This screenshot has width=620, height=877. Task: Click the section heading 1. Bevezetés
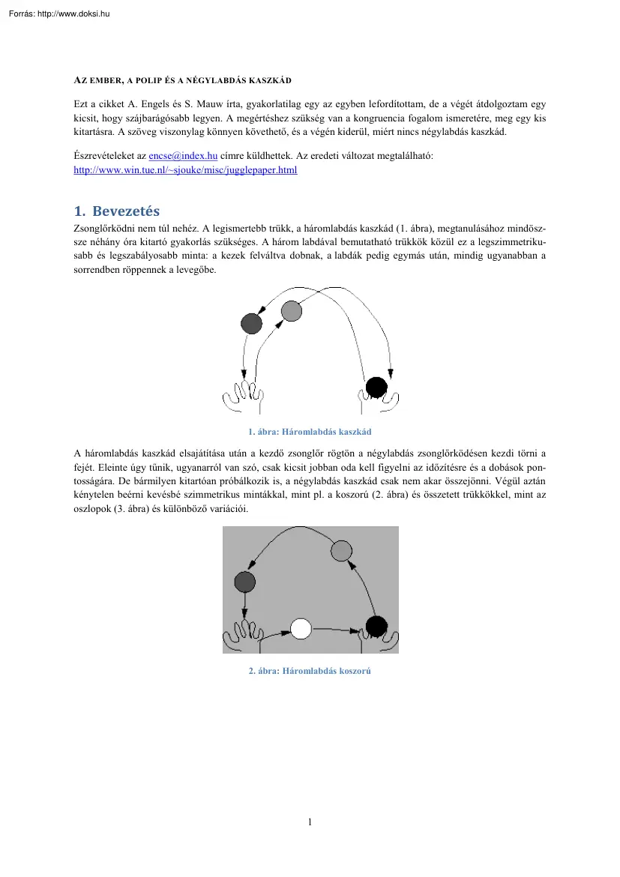click(x=117, y=211)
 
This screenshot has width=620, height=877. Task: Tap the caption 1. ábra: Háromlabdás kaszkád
click(x=310, y=432)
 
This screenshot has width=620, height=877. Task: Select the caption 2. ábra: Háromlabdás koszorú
click(x=310, y=671)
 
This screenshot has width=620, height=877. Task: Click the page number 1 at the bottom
click(x=310, y=822)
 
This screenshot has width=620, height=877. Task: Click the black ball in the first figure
click(x=376, y=388)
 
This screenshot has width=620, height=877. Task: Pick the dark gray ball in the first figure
click(x=251, y=323)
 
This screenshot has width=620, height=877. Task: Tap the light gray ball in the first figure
click(x=291, y=310)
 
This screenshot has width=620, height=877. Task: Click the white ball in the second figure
click(x=301, y=628)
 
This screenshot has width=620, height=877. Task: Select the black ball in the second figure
click(x=376, y=625)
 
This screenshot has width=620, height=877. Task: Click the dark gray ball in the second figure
click(x=245, y=581)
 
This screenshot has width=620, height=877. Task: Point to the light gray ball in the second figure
click(x=341, y=551)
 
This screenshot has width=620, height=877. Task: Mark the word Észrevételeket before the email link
click(x=103, y=155)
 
